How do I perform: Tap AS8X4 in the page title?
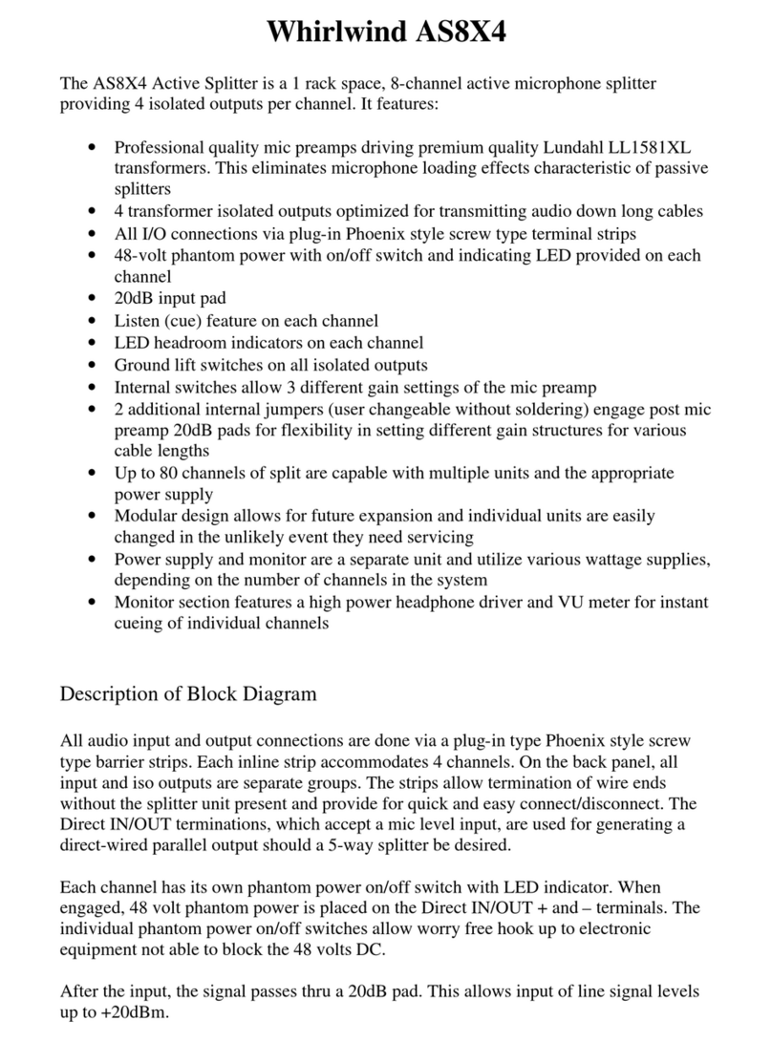(456, 33)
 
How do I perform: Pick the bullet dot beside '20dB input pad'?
(92, 299)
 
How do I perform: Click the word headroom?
(193, 343)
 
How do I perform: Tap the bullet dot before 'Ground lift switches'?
(92, 366)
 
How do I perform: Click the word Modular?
(146, 516)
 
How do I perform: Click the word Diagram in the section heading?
(276, 693)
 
